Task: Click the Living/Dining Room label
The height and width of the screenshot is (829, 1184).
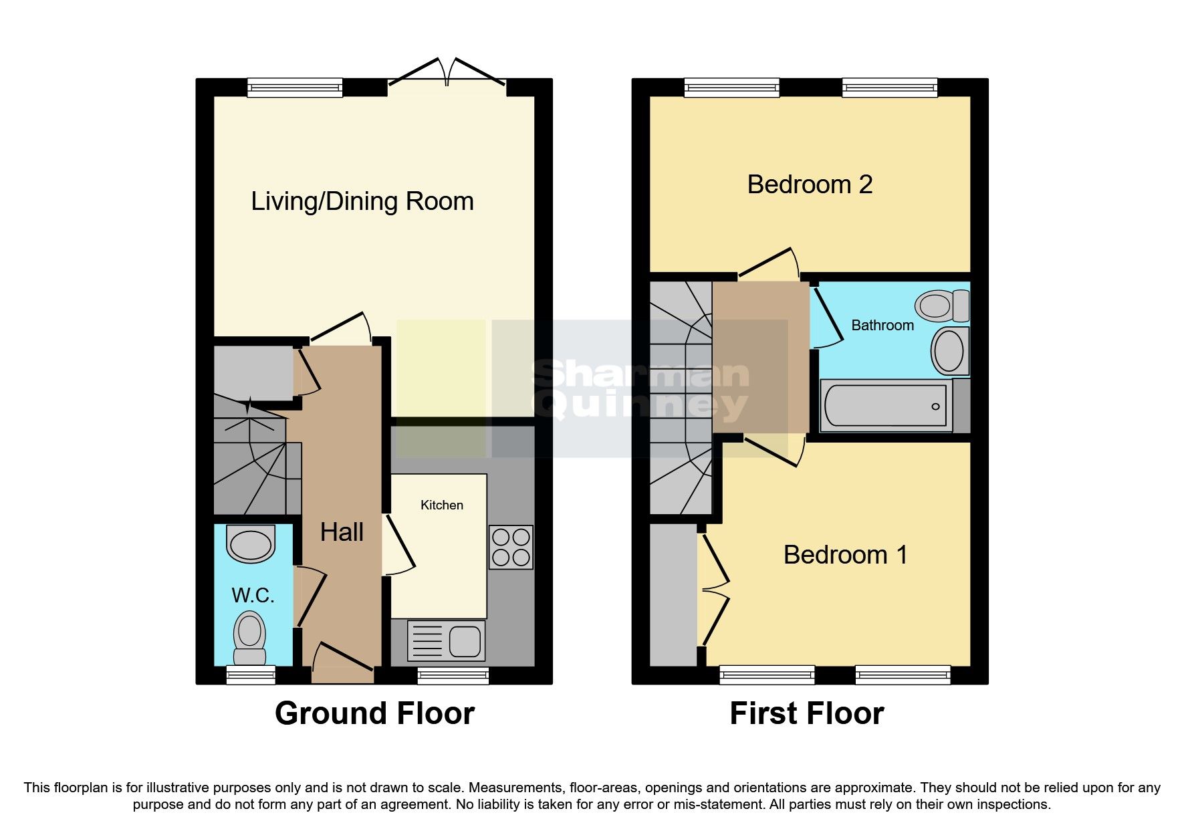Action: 362,201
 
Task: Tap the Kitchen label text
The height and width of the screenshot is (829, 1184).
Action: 441,505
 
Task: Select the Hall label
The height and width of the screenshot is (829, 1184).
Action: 342,532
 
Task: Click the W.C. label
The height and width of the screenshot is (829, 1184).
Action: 253,595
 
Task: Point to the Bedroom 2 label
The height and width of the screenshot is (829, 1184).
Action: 810,185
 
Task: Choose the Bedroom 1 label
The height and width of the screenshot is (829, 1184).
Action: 845,555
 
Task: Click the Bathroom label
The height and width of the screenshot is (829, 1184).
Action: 882,326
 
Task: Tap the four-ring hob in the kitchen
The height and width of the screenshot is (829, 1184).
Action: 511,547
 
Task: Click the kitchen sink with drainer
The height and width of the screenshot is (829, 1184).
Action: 446,641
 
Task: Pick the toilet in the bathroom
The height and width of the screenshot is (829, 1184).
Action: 942,306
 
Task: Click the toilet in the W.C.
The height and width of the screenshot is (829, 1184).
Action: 249,637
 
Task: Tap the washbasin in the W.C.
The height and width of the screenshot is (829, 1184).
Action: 251,544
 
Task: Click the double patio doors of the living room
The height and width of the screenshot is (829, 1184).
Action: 447,74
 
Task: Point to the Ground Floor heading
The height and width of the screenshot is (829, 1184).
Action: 374,713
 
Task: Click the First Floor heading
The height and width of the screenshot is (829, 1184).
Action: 806,713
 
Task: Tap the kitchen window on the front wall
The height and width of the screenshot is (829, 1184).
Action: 453,675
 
